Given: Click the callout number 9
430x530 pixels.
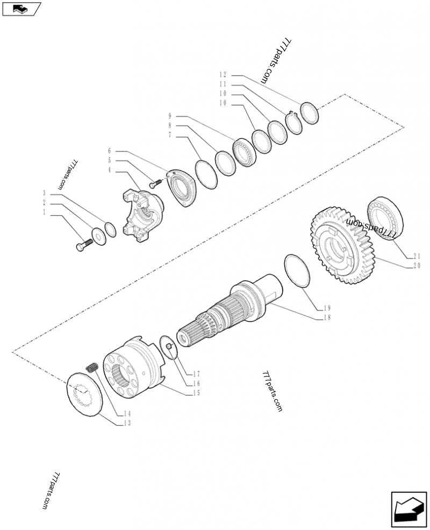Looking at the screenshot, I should pyautogui.click(x=169, y=116).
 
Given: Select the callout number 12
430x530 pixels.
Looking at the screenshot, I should pyautogui.click(x=224, y=74).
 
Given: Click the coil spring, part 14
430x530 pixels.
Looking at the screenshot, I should pyautogui.click(x=91, y=368).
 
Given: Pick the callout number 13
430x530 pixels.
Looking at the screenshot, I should pyautogui.click(x=127, y=423).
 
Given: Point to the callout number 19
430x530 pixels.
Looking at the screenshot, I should pyautogui.click(x=327, y=308).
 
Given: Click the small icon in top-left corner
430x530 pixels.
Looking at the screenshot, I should pyautogui.click(x=21, y=9).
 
